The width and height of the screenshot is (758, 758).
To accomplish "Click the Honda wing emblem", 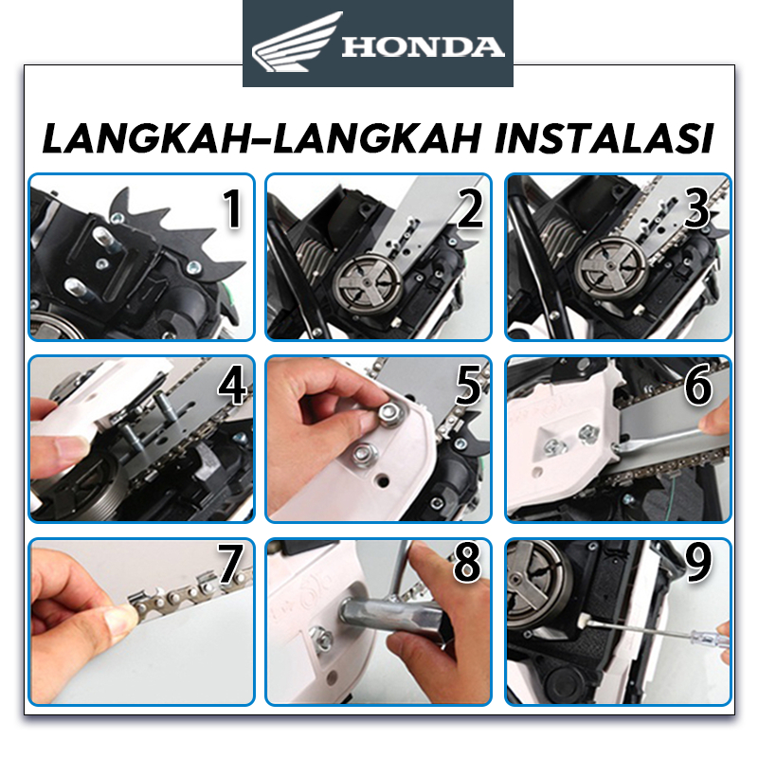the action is point(296,43).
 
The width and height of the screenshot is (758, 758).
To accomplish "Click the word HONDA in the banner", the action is point(423,46).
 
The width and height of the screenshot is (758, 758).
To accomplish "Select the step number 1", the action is point(232,208).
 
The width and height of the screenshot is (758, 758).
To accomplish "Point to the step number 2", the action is point(469,208).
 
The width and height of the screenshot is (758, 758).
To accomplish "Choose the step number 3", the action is point(696,208).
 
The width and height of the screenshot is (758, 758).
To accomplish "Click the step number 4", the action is point(232,387).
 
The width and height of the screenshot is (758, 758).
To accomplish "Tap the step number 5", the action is point(468,387).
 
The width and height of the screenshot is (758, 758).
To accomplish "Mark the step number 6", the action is point(698,386).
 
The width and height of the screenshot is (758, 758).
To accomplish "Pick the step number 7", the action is point(231,563).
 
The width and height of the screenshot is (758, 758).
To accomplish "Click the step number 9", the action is point(698,562).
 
